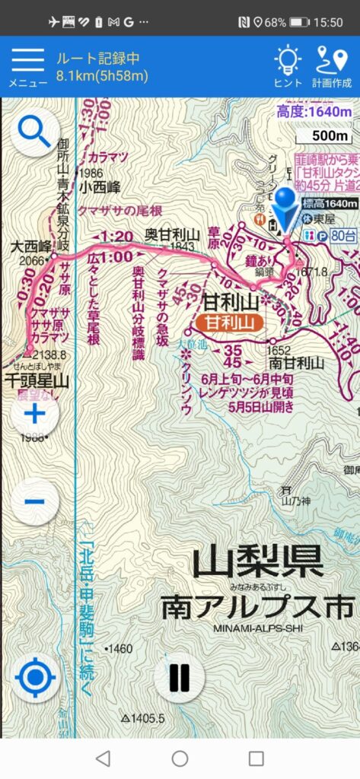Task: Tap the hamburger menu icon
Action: click(27, 61)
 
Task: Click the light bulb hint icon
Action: click(288, 61)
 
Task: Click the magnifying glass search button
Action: click(34, 132)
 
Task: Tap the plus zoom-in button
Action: click(34, 415)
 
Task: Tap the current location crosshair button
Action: click(36, 677)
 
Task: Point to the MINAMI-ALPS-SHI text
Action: click(257, 628)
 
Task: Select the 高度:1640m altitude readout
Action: click(313, 112)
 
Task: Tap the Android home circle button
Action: click(180, 758)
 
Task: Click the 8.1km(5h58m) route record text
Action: click(102, 75)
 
